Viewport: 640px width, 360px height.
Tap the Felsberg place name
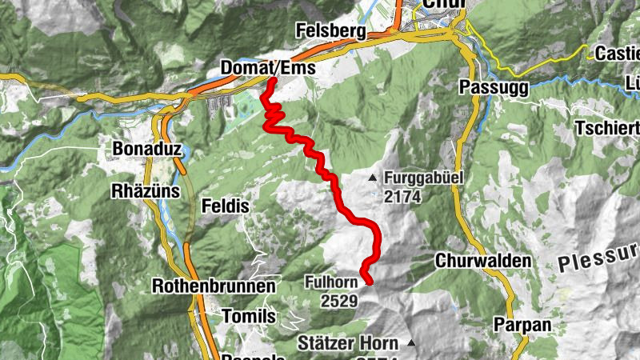(330, 32)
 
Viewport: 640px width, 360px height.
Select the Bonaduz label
(142, 149)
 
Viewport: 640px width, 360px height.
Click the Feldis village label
(227, 206)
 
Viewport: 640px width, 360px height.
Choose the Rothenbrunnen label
(214, 286)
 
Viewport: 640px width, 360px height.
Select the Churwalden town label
(483, 261)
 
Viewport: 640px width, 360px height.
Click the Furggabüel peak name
(423, 178)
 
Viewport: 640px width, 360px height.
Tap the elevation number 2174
(402, 197)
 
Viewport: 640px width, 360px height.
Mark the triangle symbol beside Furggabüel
(373, 177)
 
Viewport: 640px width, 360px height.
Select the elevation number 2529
(339, 301)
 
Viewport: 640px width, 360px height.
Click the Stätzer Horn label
(347, 343)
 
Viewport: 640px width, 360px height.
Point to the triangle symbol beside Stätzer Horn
(411, 343)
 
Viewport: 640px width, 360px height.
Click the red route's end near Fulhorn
(369, 280)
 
